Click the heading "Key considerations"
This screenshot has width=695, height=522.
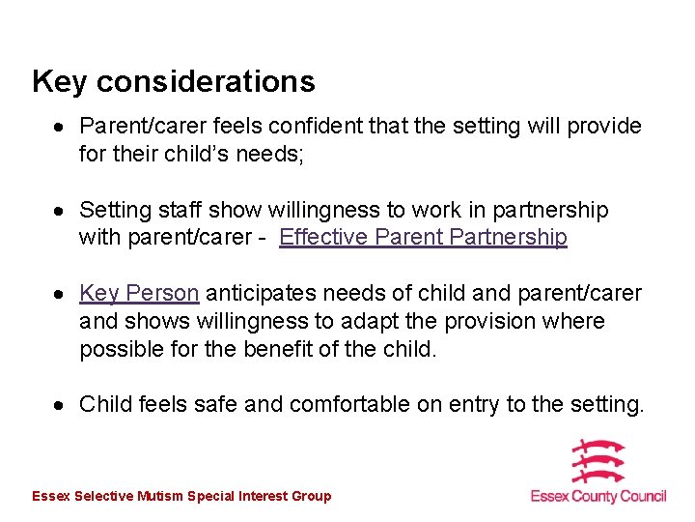coord(174,81)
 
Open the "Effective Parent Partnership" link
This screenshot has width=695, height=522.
coord(423,237)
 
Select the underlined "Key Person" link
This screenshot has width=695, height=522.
coord(139,293)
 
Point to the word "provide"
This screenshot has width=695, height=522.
coord(603,127)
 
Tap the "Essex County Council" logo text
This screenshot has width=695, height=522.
coord(598,496)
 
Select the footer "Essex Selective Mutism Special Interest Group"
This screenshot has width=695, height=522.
coord(181,496)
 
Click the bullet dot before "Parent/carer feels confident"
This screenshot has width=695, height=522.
coord(60,128)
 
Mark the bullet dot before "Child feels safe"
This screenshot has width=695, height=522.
coord(60,405)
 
